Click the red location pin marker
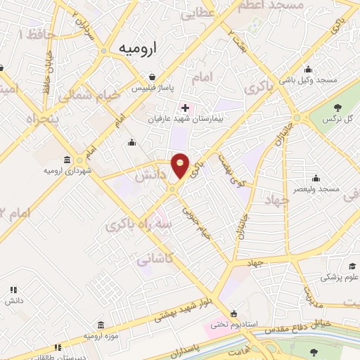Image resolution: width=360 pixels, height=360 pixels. click(x=181, y=166)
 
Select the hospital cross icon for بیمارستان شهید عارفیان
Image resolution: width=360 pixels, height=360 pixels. click(x=185, y=108)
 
